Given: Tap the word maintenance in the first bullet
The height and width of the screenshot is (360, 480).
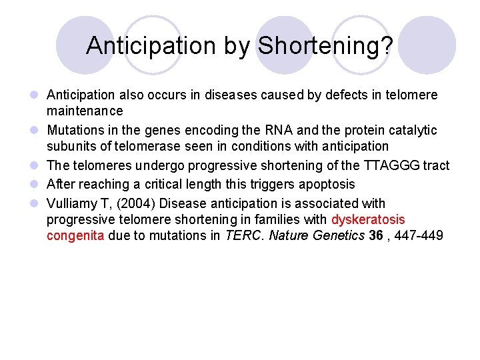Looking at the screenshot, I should click(x=85, y=111).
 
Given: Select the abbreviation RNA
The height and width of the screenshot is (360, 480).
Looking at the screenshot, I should click(x=256, y=130).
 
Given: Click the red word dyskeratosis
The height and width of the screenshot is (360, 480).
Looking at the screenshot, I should click(x=368, y=219).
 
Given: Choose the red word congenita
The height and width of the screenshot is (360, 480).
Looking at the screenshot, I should click(x=75, y=235).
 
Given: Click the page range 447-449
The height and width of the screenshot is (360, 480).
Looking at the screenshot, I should click(x=419, y=235).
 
